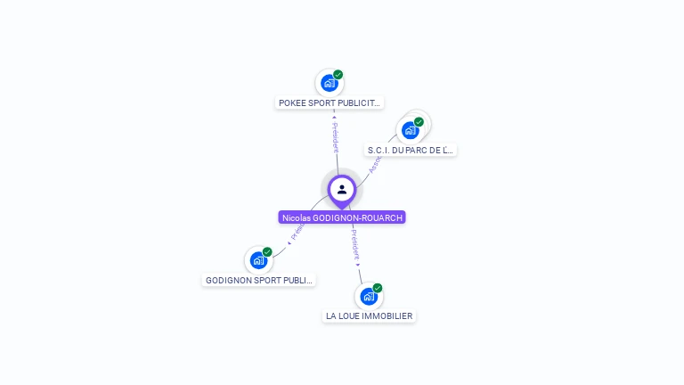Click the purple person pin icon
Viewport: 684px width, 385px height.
click(x=342, y=190)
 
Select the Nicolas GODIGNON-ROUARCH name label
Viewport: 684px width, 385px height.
click(x=342, y=217)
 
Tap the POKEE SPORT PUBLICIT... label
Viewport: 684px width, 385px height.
click(x=330, y=102)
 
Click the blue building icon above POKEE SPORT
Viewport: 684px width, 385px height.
click(x=329, y=84)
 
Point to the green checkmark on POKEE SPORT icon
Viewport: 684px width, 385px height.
click(x=338, y=75)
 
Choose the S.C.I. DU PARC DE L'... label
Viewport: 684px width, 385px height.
click(x=411, y=150)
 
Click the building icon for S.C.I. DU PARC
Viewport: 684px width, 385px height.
click(x=410, y=130)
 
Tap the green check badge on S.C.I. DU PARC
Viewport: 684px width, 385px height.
click(x=419, y=122)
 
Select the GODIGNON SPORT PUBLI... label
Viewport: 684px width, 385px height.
click(x=259, y=280)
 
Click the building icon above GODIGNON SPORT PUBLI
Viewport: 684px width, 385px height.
click(x=258, y=260)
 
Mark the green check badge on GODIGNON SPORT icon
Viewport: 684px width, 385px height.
click(x=267, y=252)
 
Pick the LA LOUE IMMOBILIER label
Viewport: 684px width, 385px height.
click(x=369, y=315)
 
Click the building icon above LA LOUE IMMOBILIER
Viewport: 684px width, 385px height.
click(x=368, y=297)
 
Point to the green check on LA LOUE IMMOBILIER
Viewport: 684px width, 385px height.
click(x=378, y=288)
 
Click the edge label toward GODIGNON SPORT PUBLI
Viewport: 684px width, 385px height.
click(x=297, y=231)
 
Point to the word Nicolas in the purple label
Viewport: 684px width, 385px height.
click(x=296, y=217)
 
